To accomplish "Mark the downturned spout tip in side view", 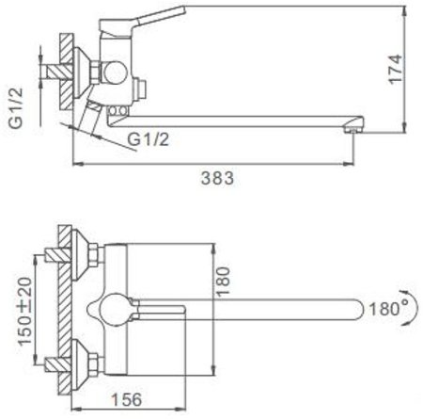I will tap(352, 125).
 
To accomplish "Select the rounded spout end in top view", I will tap(355, 307).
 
